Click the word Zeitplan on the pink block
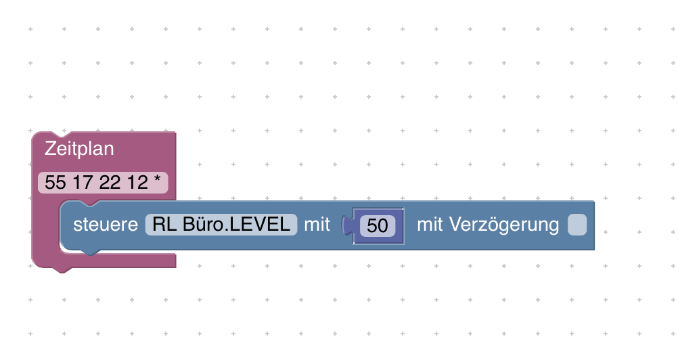(79, 149)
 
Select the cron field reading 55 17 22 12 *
(103, 183)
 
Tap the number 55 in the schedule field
(55, 183)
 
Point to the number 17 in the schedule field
(83, 183)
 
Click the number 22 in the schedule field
(110, 183)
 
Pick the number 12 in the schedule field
(137, 183)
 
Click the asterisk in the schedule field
(157, 179)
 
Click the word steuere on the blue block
(106, 225)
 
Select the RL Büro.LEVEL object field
(221, 225)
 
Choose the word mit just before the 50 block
(317, 225)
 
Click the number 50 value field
(378, 225)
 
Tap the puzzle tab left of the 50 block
(347, 225)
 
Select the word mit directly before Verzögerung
(430, 225)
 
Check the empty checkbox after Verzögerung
(577, 225)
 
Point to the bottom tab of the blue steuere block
(90, 252)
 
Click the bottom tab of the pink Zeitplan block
(62, 270)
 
